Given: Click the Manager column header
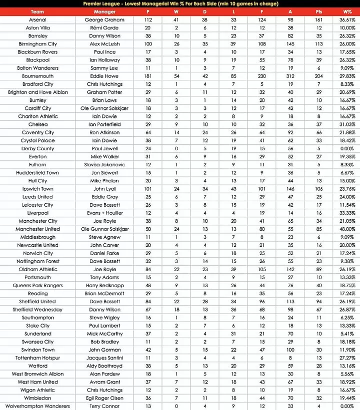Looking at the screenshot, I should pyautogui.click(x=105, y=11).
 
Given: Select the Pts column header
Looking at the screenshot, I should pyautogui.click(x=319, y=11).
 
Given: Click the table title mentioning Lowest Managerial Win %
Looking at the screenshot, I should pyautogui.click(x=180, y=3).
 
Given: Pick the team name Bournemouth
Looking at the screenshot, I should pyautogui.click(x=37, y=76).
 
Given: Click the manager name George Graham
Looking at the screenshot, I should pyautogui.click(x=105, y=20).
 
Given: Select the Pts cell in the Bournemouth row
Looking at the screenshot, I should pyautogui.click(x=319, y=76).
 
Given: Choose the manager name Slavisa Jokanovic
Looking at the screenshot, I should pyautogui.click(x=105, y=165).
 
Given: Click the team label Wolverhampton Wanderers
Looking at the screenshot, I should pyautogui.click(x=37, y=406).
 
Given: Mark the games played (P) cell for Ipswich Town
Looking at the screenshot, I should pyautogui.click(x=148, y=189).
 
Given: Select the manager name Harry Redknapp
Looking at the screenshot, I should pyautogui.click(x=105, y=286).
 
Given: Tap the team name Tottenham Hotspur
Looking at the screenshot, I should pyautogui.click(x=37, y=358).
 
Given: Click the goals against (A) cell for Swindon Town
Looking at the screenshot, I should pyautogui.click(x=290, y=350).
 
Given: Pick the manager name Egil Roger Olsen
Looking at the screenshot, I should pyautogui.click(x=105, y=398).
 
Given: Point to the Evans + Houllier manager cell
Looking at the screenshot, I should pyautogui.click(x=105, y=213).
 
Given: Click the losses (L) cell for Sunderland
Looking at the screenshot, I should pyautogui.click(x=234, y=334).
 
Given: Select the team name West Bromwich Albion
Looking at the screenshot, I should pyautogui.click(x=37, y=374).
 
